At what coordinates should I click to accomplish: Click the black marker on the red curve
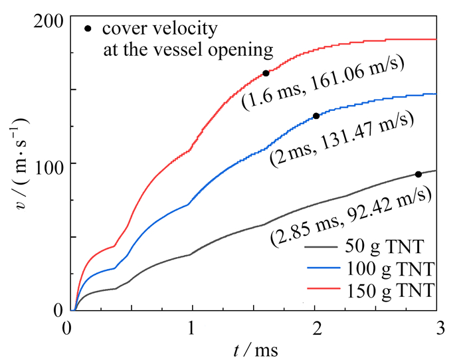(266, 73)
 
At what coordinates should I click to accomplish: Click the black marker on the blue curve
(316, 116)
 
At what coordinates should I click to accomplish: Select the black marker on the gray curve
(418, 174)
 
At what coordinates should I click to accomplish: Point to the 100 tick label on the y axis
(50, 163)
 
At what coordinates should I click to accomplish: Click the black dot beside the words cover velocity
(88, 29)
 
